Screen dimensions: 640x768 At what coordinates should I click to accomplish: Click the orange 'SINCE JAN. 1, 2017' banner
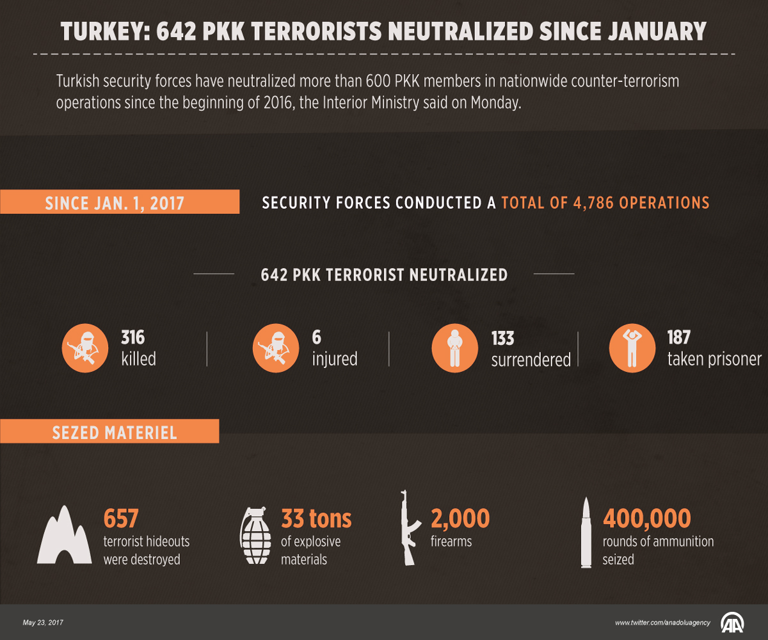click(x=120, y=202)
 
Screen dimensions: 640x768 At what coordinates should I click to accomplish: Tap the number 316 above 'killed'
click(x=133, y=337)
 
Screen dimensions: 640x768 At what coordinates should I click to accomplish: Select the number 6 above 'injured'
click(x=316, y=337)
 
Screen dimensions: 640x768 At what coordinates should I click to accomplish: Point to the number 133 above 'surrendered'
click(x=503, y=338)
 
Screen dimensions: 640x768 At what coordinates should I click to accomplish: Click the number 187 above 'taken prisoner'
click(x=679, y=337)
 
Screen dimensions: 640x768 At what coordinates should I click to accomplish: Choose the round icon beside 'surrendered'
click(x=455, y=348)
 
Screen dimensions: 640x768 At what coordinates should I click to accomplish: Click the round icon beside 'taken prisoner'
click(x=632, y=348)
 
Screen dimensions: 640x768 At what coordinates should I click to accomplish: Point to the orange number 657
click(x=121, y=518)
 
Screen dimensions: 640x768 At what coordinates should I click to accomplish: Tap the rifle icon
click(x=409, y=528)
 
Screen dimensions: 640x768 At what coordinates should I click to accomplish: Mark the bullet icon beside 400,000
click(x=586, y=532)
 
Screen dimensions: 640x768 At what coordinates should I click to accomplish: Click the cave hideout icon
click(x=64, y=536)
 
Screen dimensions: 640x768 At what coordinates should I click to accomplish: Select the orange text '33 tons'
click(x=316, y=518)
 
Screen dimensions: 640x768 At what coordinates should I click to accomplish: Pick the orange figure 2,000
click(x=460, y=518)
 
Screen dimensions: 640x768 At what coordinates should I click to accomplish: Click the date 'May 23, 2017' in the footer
click(x=43, y=623)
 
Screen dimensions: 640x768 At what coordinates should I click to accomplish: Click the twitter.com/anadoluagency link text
click(x=662, y=623)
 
